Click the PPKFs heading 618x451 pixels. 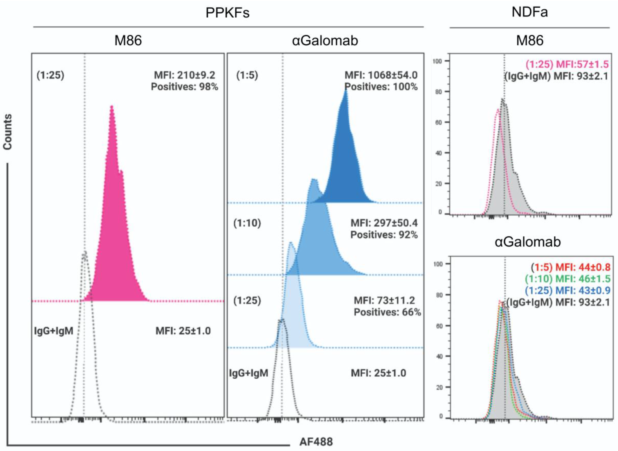227,13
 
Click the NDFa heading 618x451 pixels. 529,12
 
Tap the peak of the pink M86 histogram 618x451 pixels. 112,107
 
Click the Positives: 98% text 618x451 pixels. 185,87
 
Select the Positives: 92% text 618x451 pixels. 384,235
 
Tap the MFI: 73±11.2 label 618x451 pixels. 384,300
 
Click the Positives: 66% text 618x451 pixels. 387,312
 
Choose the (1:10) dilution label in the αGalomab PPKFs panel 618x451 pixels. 247,223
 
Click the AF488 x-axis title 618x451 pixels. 316,441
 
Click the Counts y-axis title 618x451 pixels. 8,132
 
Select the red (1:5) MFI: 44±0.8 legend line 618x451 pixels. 570,267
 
